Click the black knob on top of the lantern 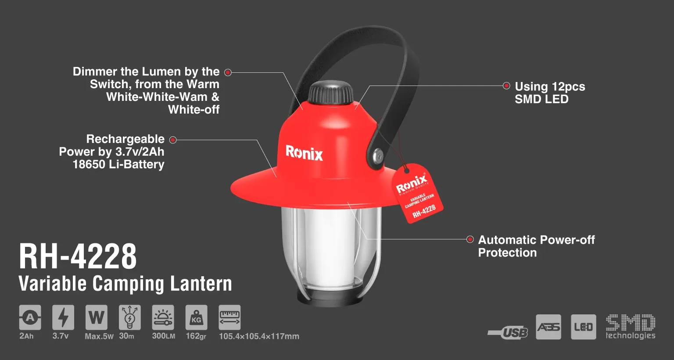coord(330,93)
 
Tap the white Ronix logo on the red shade coord(304,153)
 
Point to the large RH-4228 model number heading coord(78,257)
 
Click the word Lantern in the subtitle coord(201,284)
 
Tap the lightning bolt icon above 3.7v coord(63,317)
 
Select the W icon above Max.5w coord(96,317)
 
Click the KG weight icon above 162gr coord(196,317)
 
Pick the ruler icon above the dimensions coord(229,317)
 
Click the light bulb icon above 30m coord(130,317)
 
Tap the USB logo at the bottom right coord(508,333)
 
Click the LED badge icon coord(584,327)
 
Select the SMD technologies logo coord(631,327)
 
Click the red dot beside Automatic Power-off coord(470,239)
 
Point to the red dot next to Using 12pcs coord(506,86)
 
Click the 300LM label coord(163,336)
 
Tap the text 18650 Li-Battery coord(118,164)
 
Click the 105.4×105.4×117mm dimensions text coord(259,336)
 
